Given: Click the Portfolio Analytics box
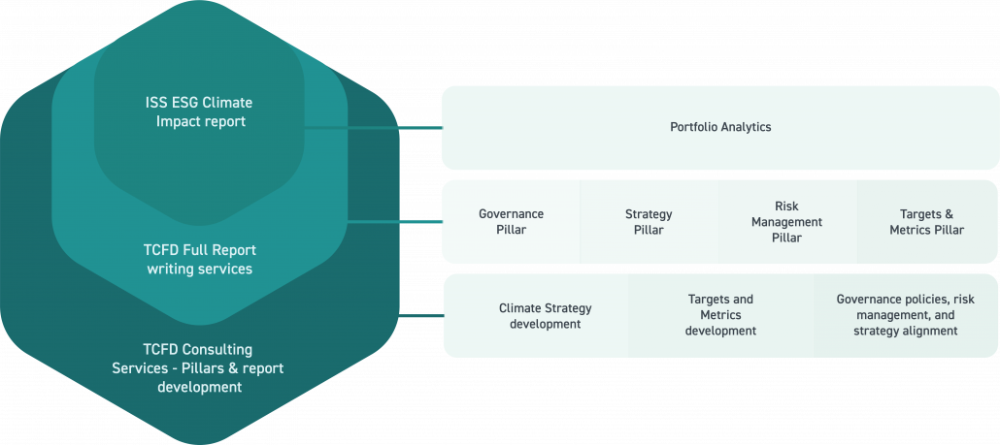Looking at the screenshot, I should tap(719, 127).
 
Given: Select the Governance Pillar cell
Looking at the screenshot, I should tap(511, 222).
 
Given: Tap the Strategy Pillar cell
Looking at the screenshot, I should tap(649, 222).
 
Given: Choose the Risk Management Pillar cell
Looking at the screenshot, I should tap(786, 222).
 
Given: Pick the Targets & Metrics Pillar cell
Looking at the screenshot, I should tap(926, 222).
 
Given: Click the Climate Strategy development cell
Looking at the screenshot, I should tap(545, 316).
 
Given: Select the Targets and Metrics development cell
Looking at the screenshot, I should tap(719, 315).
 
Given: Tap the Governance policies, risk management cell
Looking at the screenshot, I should tap(905, 315).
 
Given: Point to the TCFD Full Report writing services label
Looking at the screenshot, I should tap(199, 259).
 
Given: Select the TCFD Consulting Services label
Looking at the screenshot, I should tap(198, 367).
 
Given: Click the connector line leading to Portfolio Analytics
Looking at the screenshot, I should tap(379, 127).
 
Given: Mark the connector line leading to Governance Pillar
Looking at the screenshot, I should tap(393, 221).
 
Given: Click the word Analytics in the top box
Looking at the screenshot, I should tap(743, 127).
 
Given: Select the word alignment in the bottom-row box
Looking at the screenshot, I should tap(927, 331).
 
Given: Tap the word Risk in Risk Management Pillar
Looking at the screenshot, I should tap(786, 207).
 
